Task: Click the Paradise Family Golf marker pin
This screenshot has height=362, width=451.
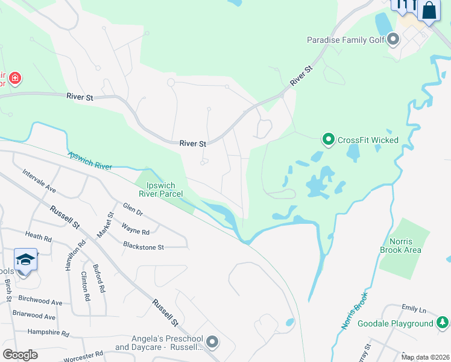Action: (x=394, y=40)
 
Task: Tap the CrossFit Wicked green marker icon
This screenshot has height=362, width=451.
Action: (x=329, y=140)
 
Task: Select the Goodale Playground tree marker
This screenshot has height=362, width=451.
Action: (x=443, y=323)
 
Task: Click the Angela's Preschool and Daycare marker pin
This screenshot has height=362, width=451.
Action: (x=212, y=343)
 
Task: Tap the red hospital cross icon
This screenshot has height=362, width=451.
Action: (x=15, y=78)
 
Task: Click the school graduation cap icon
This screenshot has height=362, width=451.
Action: (x=25, y=259)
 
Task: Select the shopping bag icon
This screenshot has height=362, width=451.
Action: (x=429, y=10)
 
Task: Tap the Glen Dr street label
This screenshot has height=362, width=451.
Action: (x=132, y=212)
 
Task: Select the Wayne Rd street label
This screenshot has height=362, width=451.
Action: (x=135, y=230)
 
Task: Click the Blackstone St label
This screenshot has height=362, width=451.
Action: (x=143, y=246)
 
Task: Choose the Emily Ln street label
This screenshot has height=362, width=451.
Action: (x=414, y=310)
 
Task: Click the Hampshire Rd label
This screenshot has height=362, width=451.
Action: (x=49, y=332)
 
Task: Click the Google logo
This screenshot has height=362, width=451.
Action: (x=20, y=354)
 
